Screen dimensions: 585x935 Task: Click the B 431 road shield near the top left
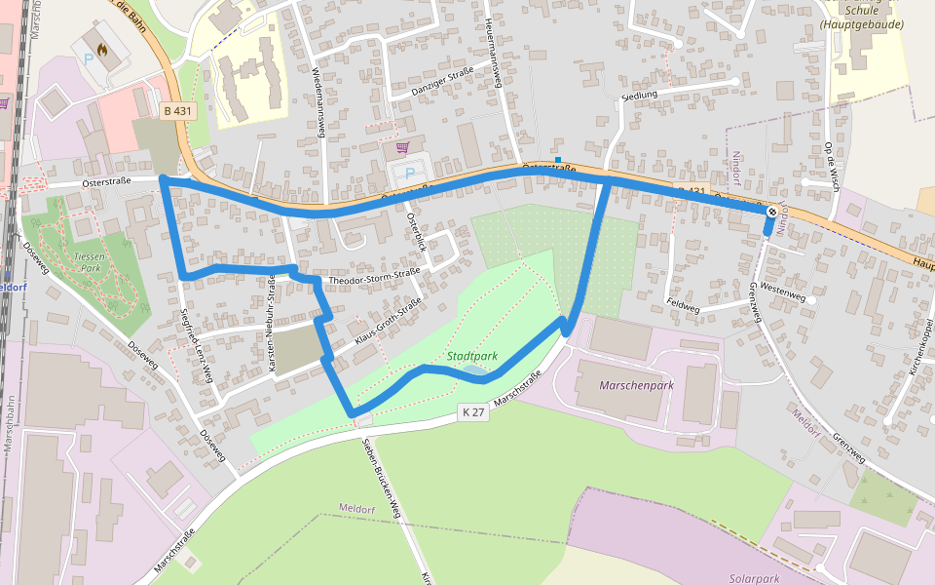pos(178,111)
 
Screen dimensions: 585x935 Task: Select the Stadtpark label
pos(473,357)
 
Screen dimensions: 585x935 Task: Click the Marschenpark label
pos(637,385)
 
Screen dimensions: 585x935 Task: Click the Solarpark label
pos(754,578)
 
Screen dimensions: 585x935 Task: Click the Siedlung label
pos(640,95)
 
